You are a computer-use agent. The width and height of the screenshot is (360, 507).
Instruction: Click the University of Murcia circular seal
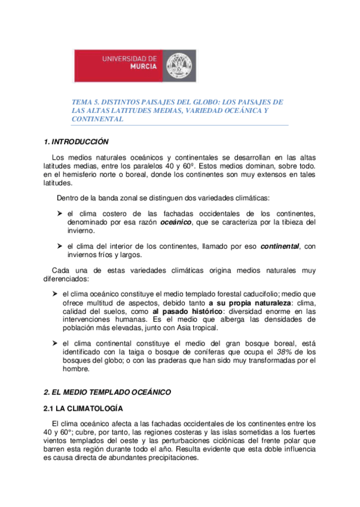(179, 65)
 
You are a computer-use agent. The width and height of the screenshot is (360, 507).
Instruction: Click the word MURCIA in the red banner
(144, 67)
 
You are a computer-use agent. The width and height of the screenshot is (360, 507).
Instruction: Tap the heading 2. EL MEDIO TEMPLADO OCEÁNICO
(108, 392)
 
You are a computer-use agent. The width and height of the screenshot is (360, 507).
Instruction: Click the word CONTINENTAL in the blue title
(97, 119)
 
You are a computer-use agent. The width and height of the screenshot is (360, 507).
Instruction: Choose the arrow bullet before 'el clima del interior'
(59, 246)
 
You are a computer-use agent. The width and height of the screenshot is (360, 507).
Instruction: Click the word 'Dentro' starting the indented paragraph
(68, 197)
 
